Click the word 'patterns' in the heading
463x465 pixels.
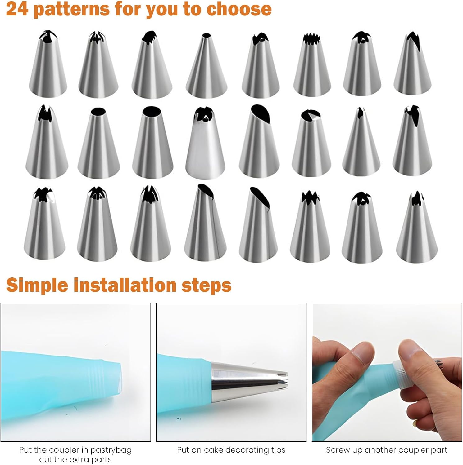click(x=71, y=9)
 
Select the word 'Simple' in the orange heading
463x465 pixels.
click(x=37, y=285)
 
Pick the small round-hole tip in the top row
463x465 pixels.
click(x=206, y=65)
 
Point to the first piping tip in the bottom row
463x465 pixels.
click(x=44, y=224)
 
